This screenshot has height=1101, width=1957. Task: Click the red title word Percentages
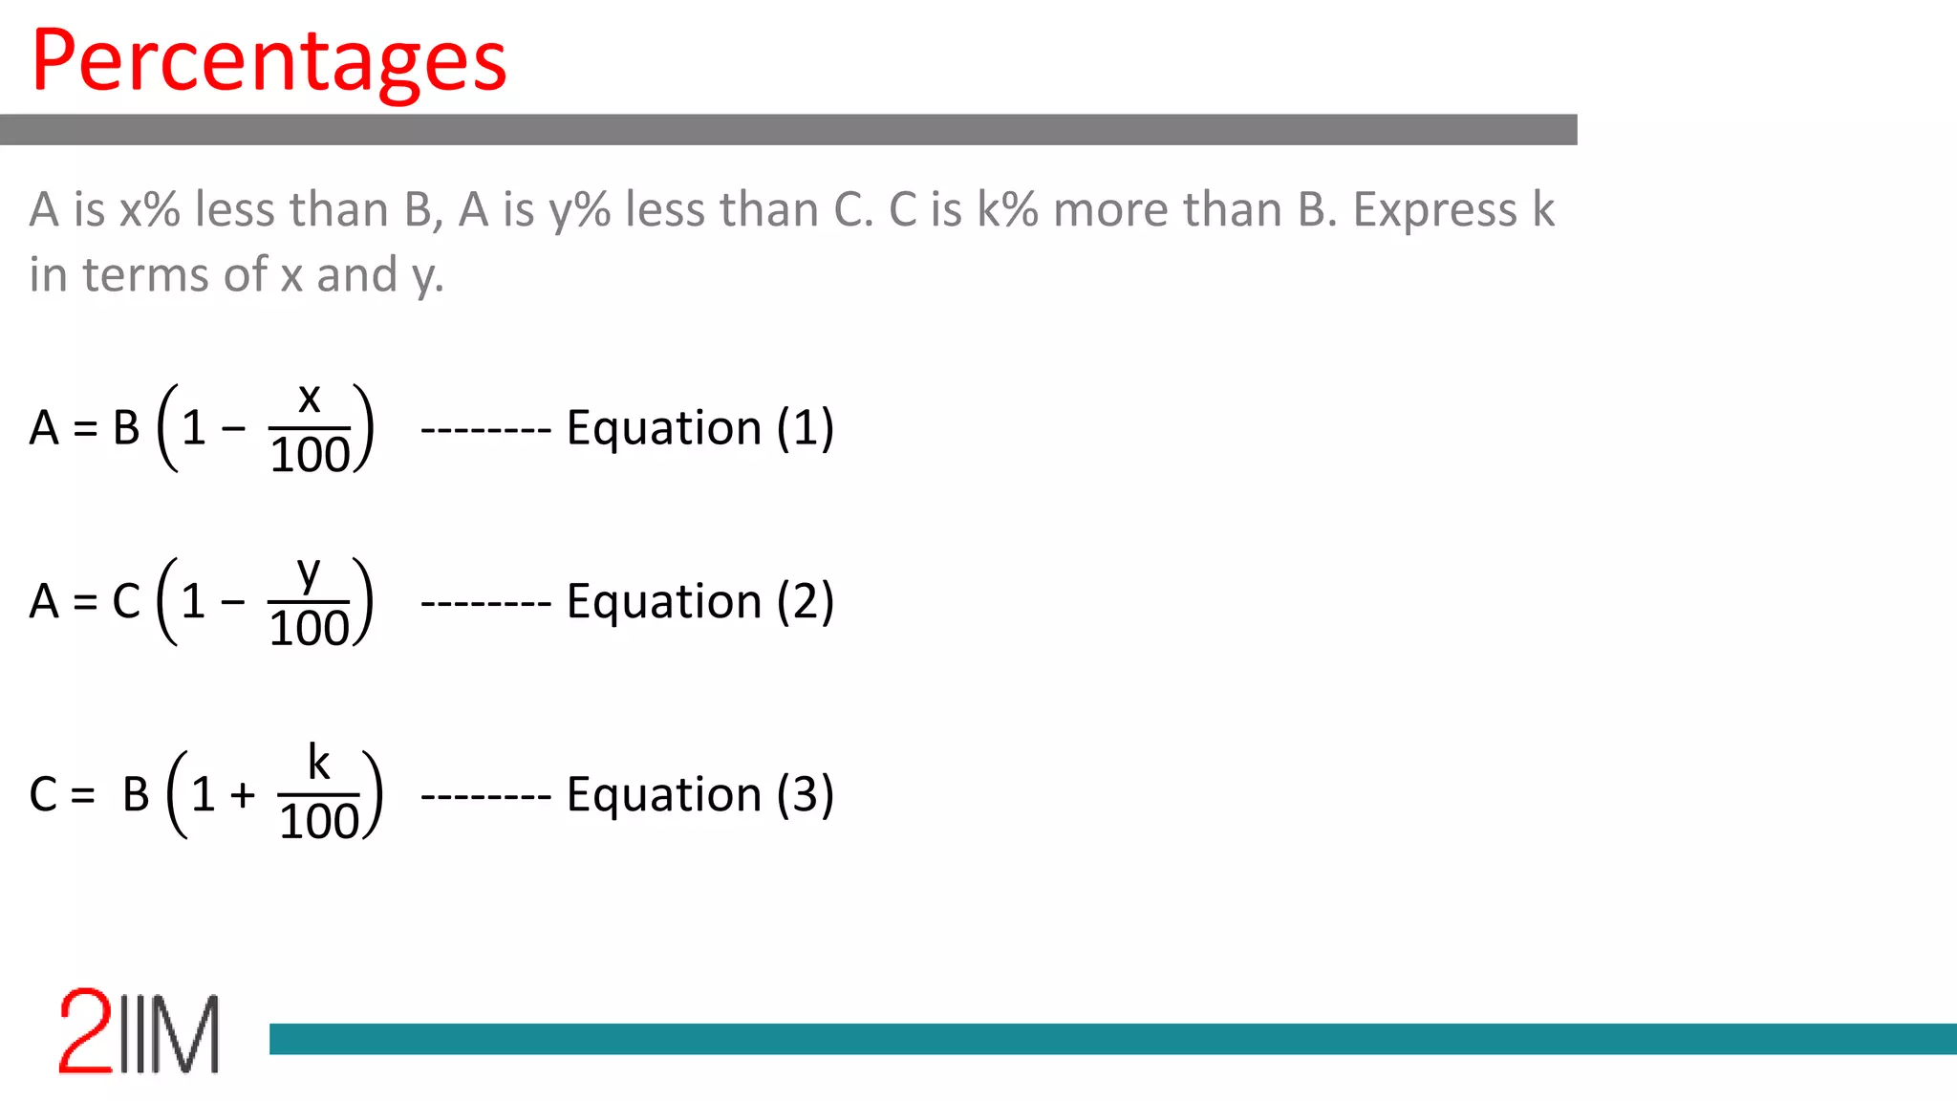[x=269, y=61]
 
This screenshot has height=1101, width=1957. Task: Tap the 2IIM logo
[x=140, y=1032]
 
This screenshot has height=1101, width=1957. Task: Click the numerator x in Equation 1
[x=309, y=398]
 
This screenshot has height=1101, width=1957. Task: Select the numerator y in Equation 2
[x=308, y=572]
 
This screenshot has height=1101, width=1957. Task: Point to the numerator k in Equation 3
[x=318, y=763]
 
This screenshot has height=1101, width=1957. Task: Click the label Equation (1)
[x=699, y=427]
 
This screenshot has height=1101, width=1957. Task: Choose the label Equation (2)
[x=699, y=601]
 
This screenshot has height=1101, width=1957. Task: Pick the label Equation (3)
[x=699, y=794]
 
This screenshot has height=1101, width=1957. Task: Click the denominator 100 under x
[x=310, y=455]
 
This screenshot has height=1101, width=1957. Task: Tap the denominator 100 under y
[x=309, y=629]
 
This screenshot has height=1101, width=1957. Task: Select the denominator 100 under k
[x=318, y=822]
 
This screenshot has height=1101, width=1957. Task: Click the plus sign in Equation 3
[x=243, y=794]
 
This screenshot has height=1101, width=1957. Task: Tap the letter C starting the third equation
[x=44, y=794]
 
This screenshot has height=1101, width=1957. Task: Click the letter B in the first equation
[x=126, y=427]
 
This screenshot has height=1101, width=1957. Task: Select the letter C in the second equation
[x=126, y=601]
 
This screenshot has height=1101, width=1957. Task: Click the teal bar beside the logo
[x=1112, y=1039]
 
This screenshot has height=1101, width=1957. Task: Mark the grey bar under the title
[x=788, y=130]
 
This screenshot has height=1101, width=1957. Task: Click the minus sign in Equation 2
[x=232, y=602]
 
